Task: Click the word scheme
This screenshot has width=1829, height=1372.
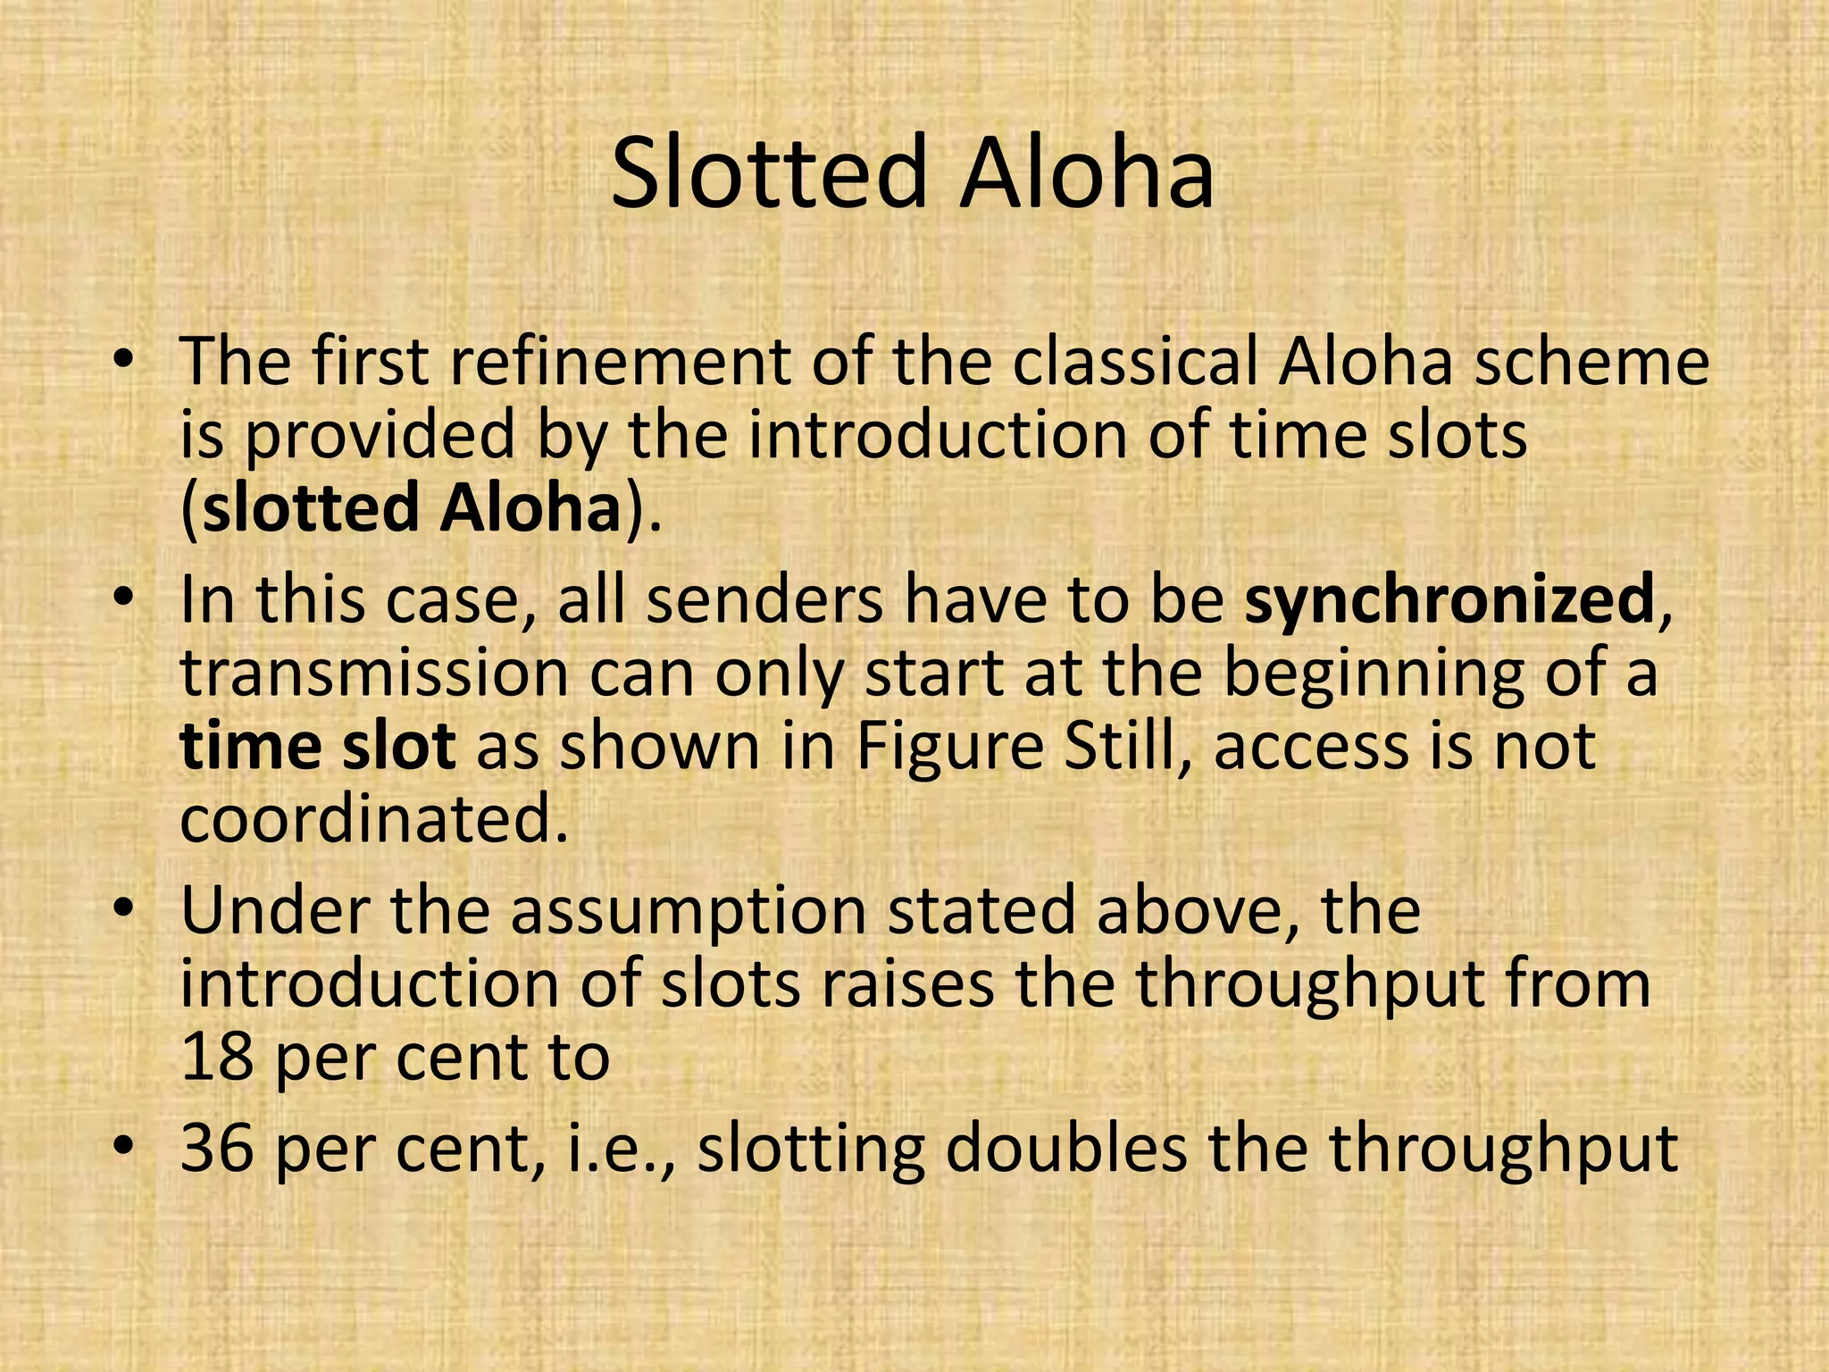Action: [1591, 362]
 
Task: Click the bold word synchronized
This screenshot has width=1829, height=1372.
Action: [1450, 599]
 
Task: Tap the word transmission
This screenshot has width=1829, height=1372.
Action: [374, 673]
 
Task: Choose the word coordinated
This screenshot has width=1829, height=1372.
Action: [374, 818]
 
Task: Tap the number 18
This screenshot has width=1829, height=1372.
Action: [215, 1058]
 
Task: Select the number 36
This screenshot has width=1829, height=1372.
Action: [215, 1149]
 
